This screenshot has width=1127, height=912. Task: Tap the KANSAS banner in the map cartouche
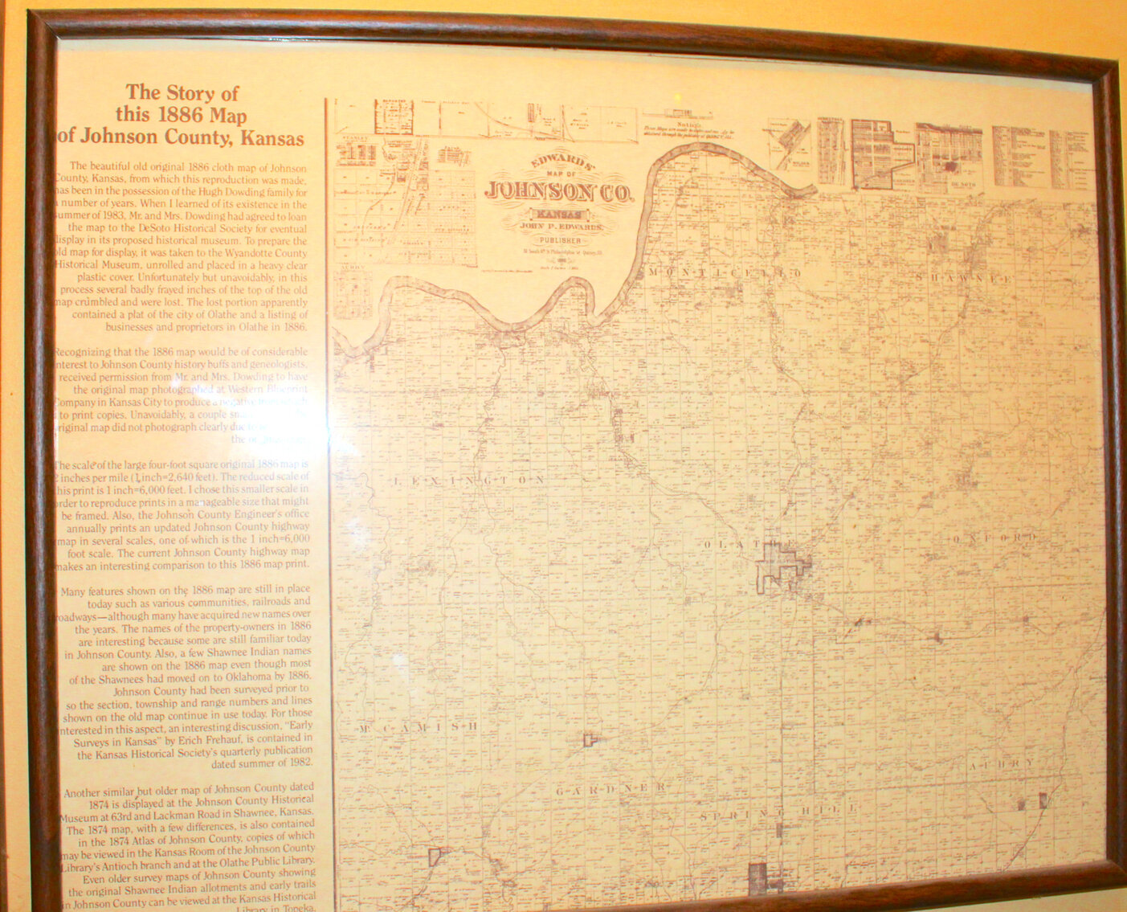pyautogui.click(x=560, y=215)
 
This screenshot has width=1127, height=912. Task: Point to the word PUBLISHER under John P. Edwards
pyautogui.click(x=560, y=240)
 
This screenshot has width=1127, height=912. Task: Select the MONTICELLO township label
pyautogui.click(x=724, y=273)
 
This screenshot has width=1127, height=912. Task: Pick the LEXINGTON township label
pyautogui.click(x=470, y=480)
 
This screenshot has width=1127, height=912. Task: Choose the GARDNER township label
pyautogui.click(x=610, y=788)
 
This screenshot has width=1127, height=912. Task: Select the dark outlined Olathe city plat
pyautogui.click(x=778, y=566)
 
